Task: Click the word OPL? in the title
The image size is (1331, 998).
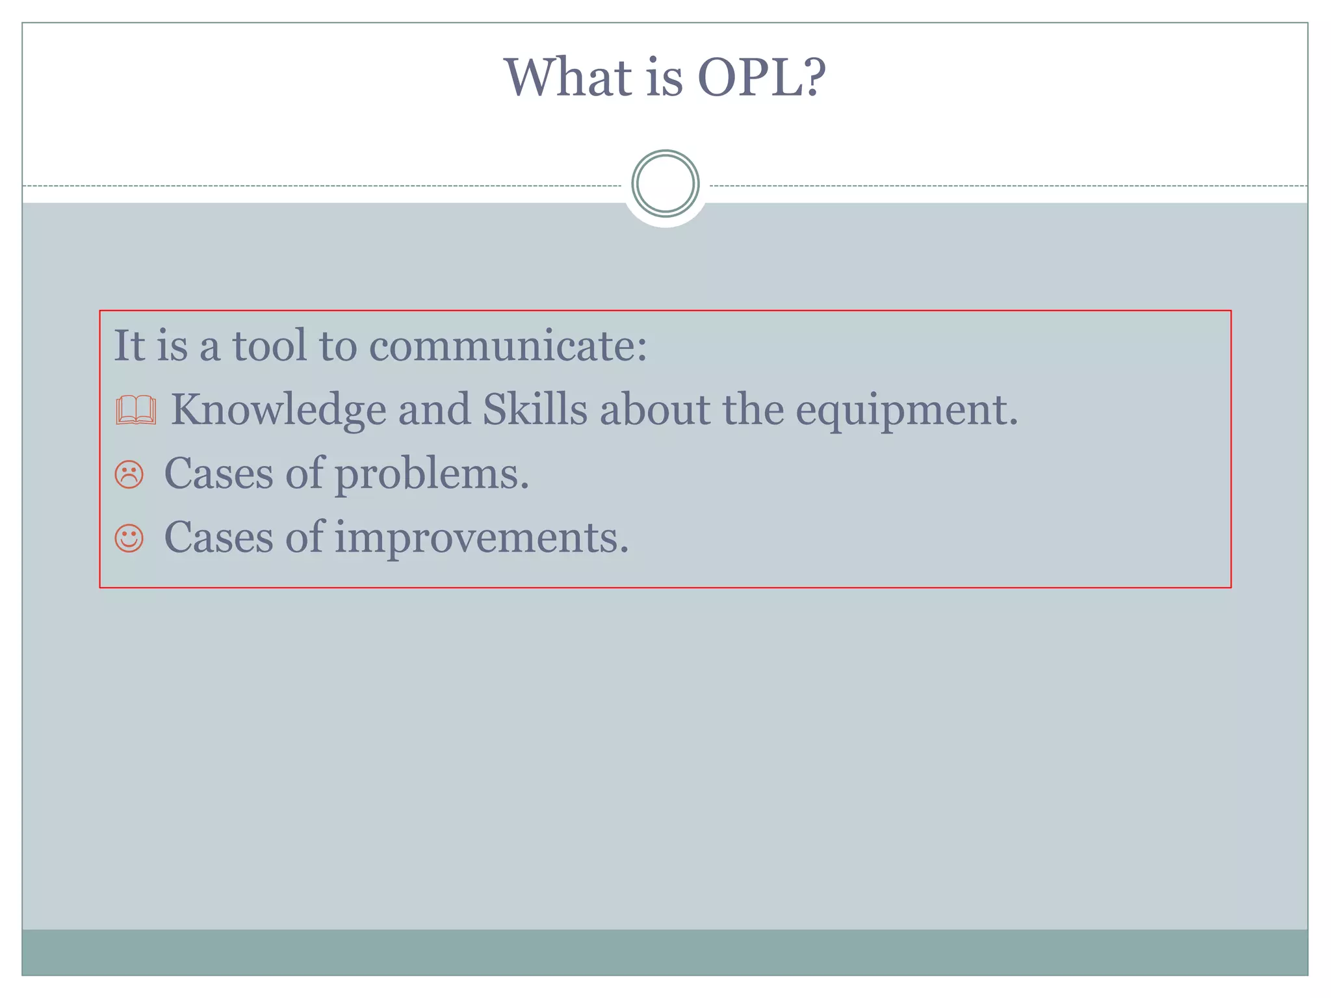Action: point(761,78)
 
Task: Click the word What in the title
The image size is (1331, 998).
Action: point(568,78)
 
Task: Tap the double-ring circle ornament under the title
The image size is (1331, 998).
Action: point(665,184)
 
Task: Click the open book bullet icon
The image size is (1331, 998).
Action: point(136,410)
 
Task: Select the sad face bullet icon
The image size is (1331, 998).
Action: point(129,474)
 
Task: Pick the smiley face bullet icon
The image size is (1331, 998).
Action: point(129,539)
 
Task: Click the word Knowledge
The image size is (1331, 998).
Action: point(278,411)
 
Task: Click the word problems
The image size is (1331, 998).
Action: point(432,474)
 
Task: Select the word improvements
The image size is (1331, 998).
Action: point(481,539)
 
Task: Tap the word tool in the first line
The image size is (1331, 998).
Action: point(269,346)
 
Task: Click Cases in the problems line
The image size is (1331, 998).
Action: point(218,474)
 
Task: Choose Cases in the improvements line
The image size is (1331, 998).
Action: point(218,538)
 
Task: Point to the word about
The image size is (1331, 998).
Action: point(654,410)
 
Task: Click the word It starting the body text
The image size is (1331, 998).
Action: point(129,346)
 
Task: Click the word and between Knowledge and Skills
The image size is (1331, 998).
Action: point(434,410)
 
